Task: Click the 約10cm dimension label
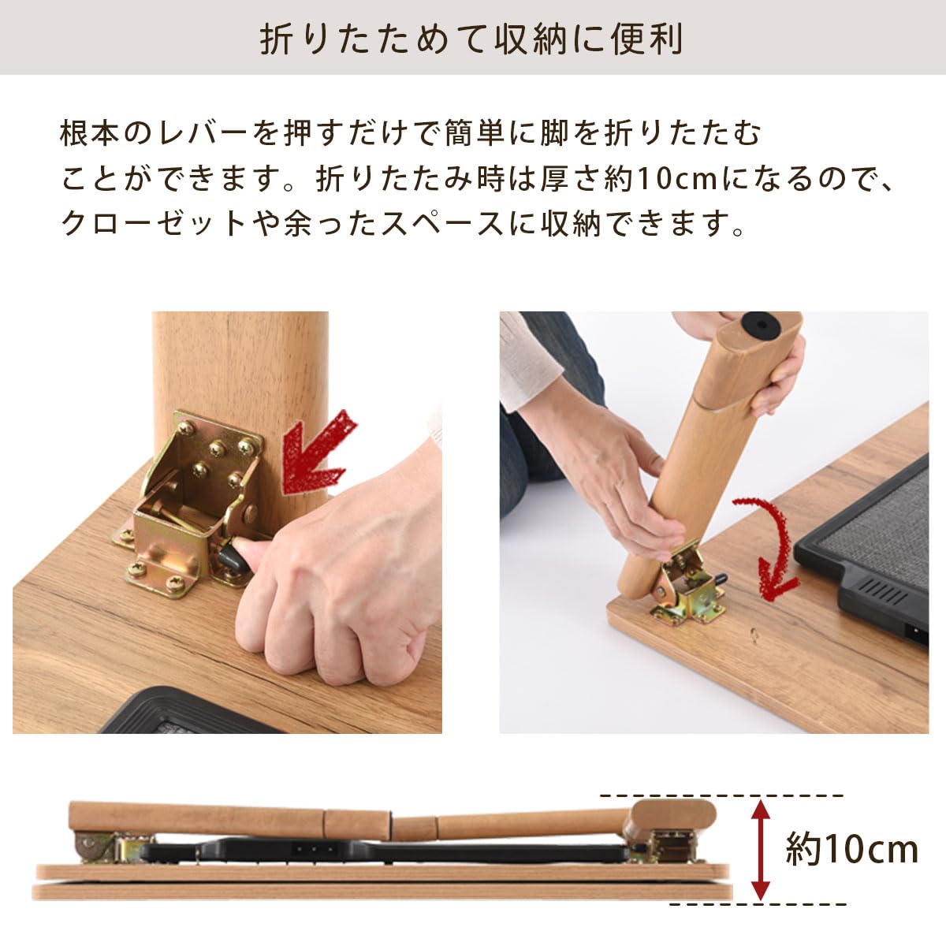tap(851, 850)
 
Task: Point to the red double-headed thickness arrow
tap(759, 849)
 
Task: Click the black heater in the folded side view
tap(378, 851)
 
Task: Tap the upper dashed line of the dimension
tap(721, 795)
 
